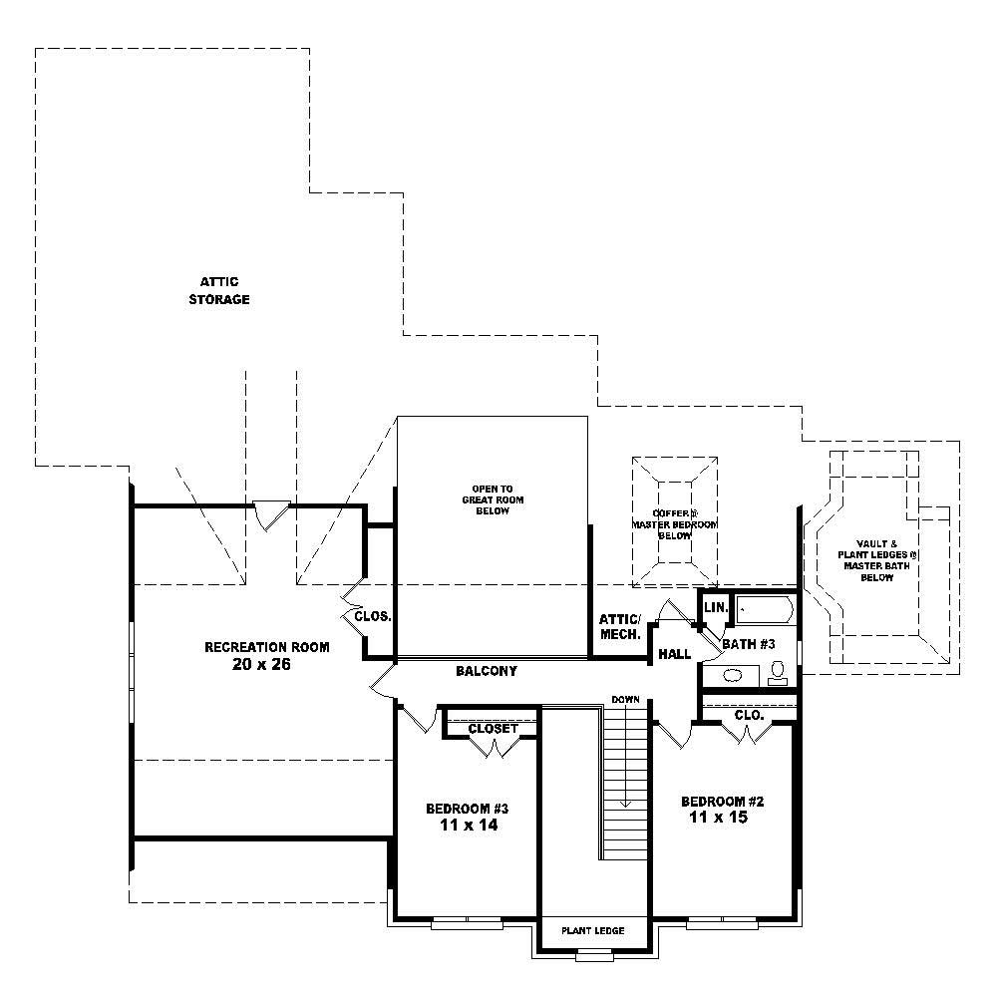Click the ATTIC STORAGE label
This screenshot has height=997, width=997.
coord(218,291)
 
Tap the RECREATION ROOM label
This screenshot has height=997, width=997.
coord(266,647)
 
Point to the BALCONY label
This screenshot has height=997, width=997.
coord(486,672)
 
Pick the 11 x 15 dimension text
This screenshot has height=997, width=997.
coord(718,818)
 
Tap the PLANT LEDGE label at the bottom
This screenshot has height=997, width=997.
coord(592,931)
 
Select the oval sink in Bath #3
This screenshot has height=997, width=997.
coord(732,675)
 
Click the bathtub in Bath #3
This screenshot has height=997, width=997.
coord(764,610)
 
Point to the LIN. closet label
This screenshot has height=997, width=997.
coord(716,608)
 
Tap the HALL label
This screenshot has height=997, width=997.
coord(674,655)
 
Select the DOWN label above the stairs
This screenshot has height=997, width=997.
coord(625,700)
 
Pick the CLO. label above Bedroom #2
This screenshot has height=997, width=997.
coord(748,715)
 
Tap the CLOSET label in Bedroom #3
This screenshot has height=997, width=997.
coord(493,729)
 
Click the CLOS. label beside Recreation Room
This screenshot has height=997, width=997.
coord(373,616)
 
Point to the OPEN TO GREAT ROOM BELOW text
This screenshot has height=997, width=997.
coord(492,499)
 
